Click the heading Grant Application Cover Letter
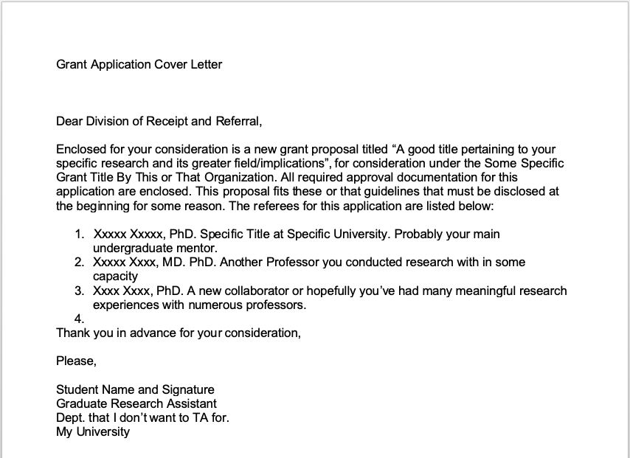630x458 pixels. coord(139,64)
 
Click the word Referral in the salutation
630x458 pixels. coord(238,121)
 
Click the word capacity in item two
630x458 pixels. coord(115,277)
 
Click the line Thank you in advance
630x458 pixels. coord(178,333)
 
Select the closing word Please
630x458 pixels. coord(75,361)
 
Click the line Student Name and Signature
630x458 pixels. coord(135,389)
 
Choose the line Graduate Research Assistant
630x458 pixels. coord(136,403)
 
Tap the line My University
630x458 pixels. coord(93,431)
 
